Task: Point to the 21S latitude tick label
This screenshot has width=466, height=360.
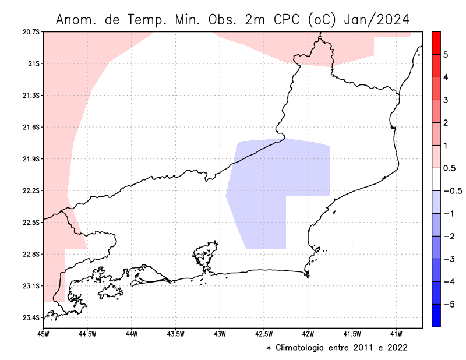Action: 33,63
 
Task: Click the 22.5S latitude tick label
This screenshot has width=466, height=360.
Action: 30,223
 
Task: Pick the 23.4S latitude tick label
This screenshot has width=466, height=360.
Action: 30,318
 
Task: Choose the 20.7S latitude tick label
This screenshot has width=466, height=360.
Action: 30,31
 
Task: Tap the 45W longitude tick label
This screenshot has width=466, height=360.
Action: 43,334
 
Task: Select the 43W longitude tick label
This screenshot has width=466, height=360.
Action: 220,334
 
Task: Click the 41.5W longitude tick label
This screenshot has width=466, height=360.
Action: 352,334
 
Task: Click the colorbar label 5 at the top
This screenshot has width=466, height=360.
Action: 445,55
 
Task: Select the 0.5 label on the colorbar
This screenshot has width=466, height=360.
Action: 449,168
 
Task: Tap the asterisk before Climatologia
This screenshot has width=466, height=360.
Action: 269,348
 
